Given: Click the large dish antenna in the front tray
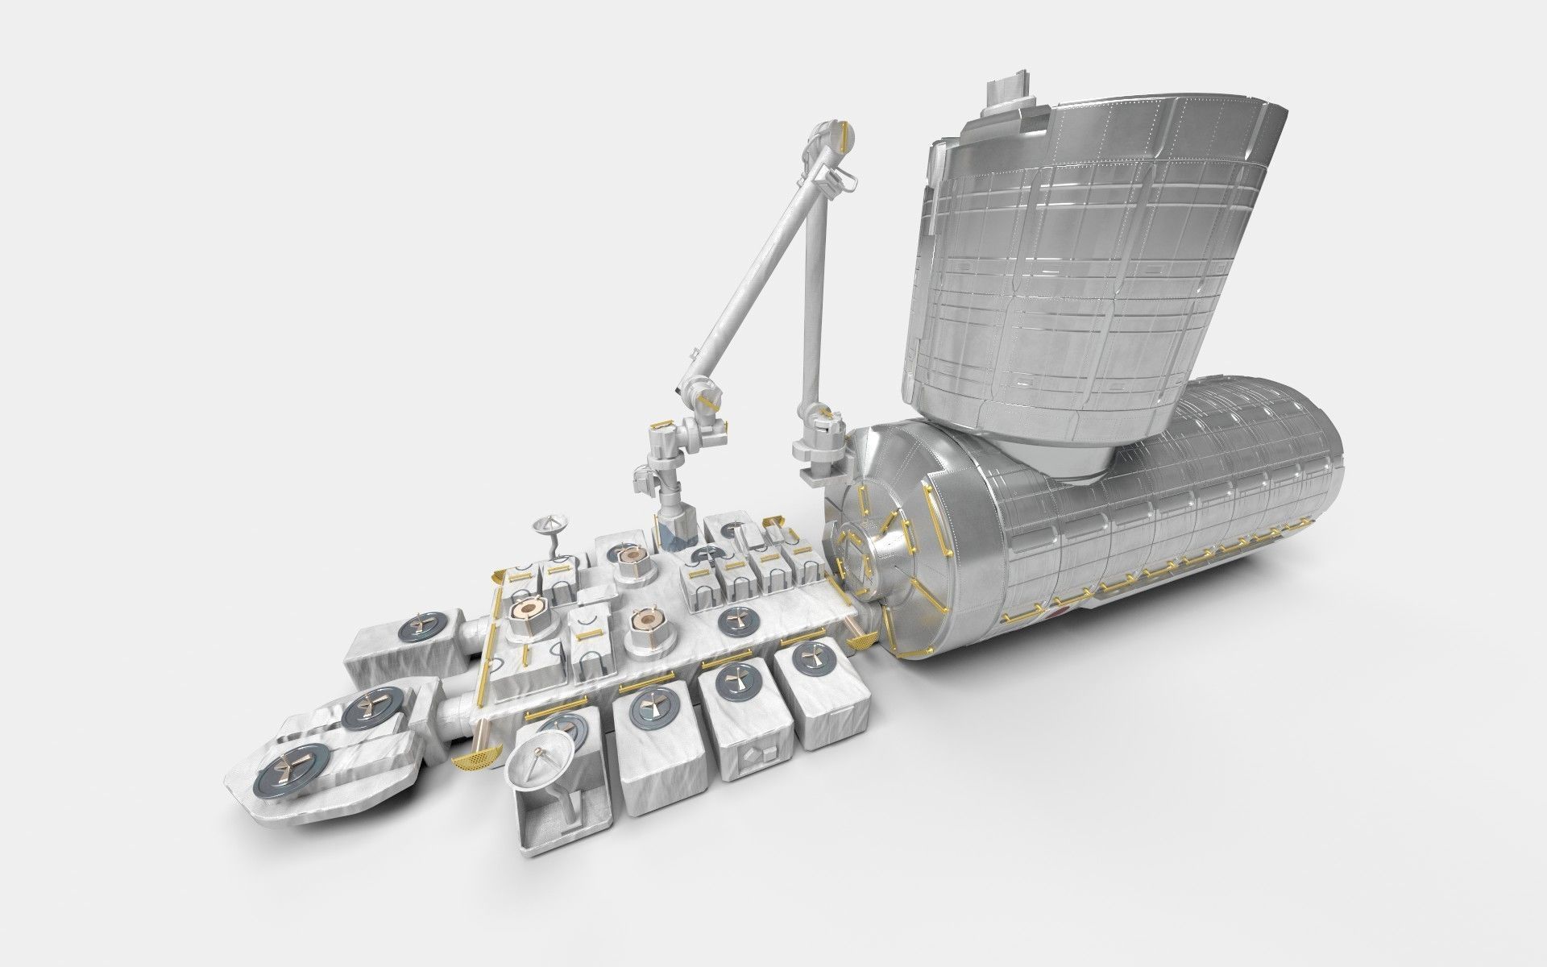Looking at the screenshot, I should pos(539,765).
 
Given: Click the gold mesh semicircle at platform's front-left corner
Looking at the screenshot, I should pos(471,760).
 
